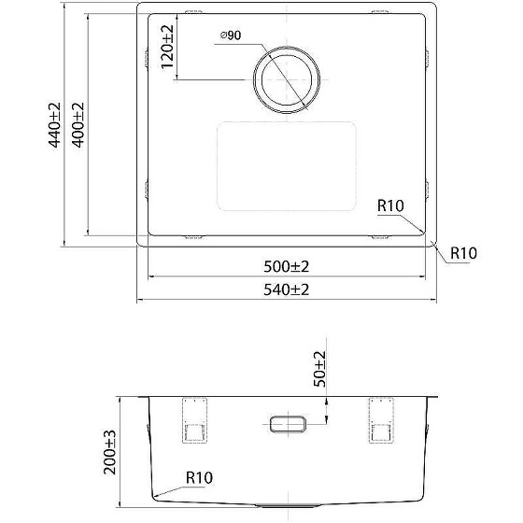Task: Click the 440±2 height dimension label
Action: [55, 125]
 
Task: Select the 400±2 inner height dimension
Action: [78, 125]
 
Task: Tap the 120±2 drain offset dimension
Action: [167, 47]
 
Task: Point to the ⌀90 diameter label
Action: [231, 35]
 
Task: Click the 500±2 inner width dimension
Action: [287, 266]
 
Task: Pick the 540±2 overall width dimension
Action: [287, 290]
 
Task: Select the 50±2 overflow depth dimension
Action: [319, 369]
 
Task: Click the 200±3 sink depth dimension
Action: [109, 452]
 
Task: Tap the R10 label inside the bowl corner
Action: [390, 205]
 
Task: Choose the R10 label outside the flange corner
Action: [463, 253]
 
